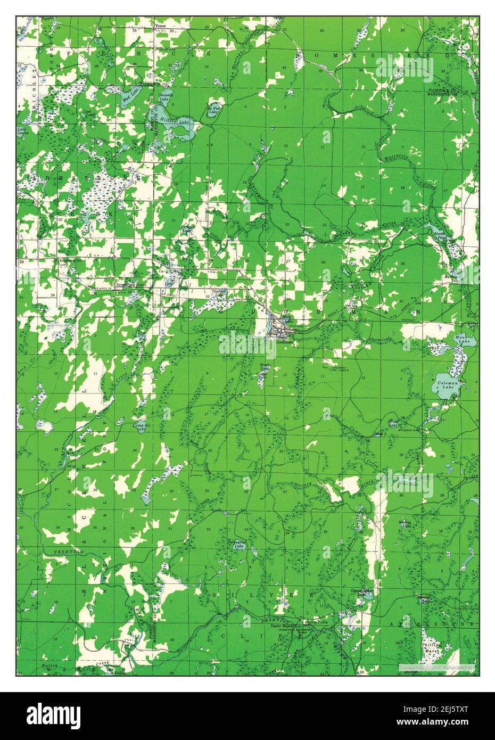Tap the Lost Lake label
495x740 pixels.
point(87,113)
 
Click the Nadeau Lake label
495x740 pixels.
point(219,293)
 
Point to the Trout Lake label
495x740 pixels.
point(393,423)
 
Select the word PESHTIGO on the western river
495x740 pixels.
point(66,554)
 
